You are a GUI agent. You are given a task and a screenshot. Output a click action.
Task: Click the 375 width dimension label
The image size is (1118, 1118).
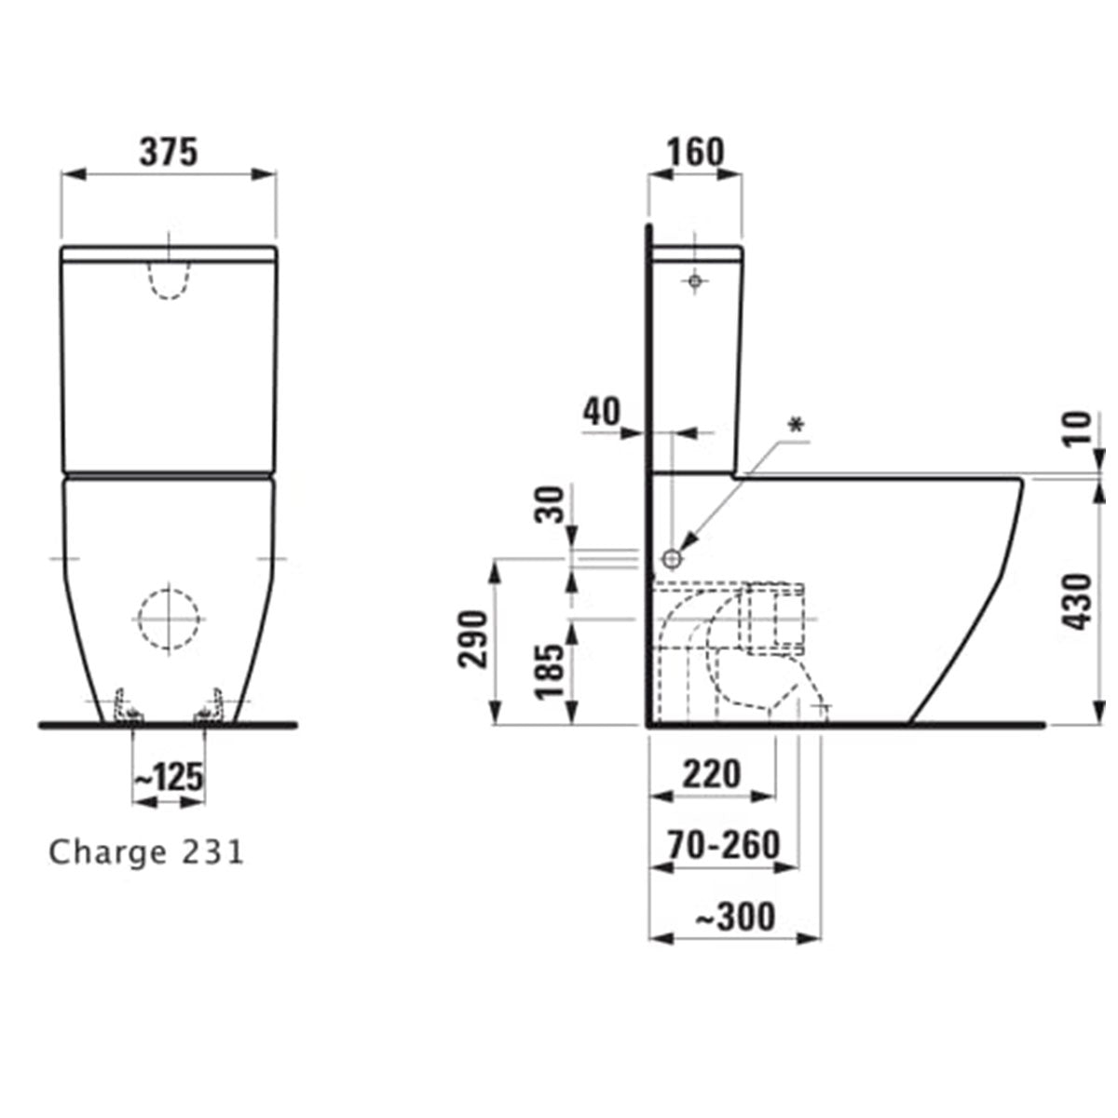click(169, 152)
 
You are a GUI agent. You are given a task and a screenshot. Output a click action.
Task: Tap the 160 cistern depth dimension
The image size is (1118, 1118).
click(694, 152)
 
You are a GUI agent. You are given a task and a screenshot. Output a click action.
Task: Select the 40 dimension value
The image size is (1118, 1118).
click(602, 411)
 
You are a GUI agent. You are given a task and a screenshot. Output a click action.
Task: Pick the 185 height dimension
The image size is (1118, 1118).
click(552, 671)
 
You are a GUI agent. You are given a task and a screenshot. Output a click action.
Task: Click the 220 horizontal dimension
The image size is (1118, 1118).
click(711, 773)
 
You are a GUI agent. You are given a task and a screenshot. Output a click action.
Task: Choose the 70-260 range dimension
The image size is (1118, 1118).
click(724, 844)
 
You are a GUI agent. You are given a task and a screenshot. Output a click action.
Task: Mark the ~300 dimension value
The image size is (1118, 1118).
click(736, 917)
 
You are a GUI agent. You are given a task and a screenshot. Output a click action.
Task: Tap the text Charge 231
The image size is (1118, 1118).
click(146, 852)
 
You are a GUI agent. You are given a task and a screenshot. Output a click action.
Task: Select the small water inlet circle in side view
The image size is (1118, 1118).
click(673, 558)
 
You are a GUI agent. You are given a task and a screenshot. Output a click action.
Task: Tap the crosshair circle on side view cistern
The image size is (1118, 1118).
click(694, 280)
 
